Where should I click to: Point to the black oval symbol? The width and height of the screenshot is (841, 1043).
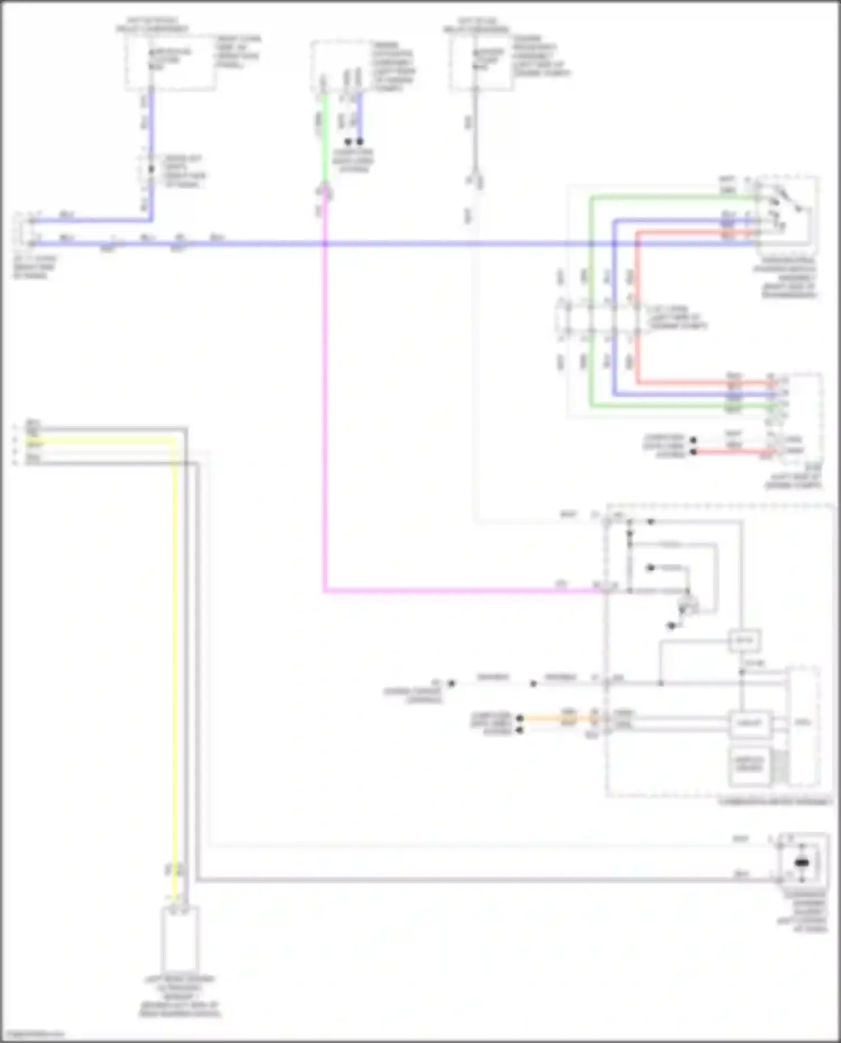click(802, 863)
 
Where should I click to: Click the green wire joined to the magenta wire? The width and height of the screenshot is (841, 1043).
click(325, 140)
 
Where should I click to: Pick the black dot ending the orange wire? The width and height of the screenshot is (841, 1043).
click(520, 718)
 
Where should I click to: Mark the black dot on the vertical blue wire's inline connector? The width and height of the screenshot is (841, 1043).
click(151, 169)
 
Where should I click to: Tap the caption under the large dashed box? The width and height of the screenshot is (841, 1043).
click(774, 802)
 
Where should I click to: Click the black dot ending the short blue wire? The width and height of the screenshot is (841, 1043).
click(360, 142)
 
